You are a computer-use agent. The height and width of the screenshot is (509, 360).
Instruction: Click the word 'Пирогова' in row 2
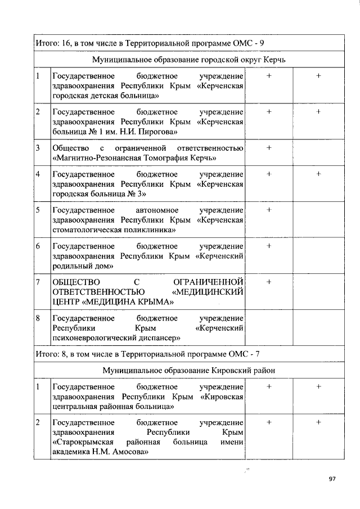[159, 132]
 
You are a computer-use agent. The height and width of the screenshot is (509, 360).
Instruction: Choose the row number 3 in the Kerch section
[38, 148]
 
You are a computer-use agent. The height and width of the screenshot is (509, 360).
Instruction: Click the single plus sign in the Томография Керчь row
[269, 148]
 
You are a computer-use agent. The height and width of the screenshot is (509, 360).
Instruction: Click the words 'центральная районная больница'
[112, 406]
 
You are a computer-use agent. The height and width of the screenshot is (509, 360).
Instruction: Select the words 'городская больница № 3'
[99, 194]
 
